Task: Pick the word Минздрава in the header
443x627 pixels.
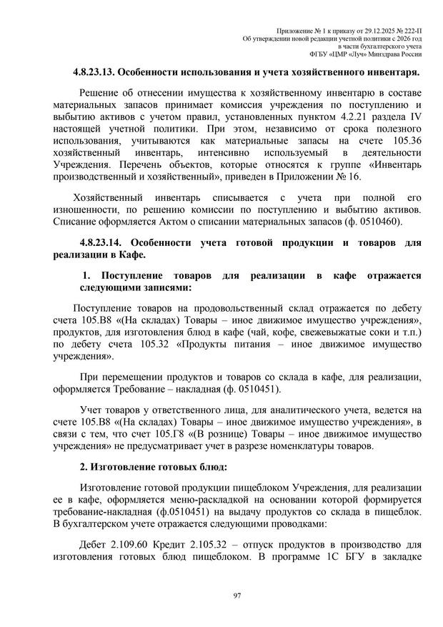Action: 387,53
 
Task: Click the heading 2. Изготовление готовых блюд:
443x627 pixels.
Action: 152,469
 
